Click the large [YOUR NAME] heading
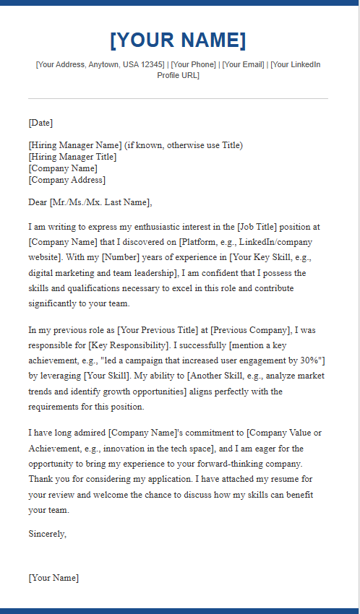(x=178, y=40)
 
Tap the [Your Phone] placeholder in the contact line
(x=193, y=65)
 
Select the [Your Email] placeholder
(x=244, y=65)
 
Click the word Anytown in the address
(x=104, y=65)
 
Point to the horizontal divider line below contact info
(x=178, y=98)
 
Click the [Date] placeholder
(x=40, y=123)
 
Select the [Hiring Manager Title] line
(x=72, y=157)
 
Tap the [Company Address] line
(x=67, y=180)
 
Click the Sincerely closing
(x=47, y=534)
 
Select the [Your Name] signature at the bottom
(x=53, y=578)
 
